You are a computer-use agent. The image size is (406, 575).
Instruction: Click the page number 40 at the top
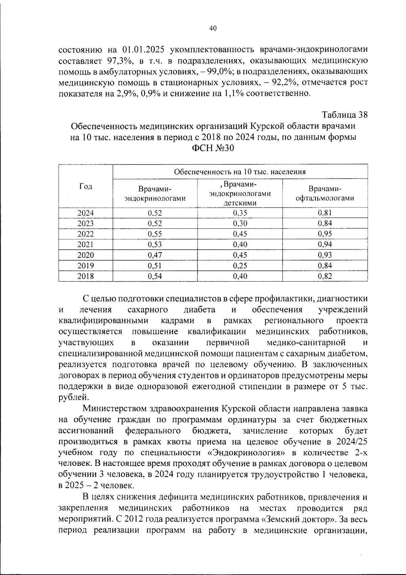[x=213, y=28]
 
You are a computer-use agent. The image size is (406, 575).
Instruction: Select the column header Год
[x=86, y=186]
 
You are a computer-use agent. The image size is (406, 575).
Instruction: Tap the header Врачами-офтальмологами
[x=325, y=193]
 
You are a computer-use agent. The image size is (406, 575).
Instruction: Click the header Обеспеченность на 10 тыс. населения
[x=240, y=171]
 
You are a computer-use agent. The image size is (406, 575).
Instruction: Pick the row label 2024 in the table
[x=86, y=213]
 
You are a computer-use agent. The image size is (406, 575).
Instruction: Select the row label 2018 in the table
[x=86, y=276]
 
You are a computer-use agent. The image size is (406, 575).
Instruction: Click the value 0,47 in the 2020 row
[x=155, y=255]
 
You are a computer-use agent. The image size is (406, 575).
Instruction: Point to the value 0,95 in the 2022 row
[x=325, y=234]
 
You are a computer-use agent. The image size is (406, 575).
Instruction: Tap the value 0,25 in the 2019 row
[x=240, y=266]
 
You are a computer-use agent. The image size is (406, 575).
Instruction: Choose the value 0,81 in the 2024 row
[x=325, y=213]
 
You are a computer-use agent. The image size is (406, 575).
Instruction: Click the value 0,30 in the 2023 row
[x=240, y=224]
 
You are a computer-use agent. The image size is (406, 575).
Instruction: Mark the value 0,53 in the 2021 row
[x=155, y=245]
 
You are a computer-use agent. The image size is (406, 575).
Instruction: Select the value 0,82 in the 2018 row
[x=325, y=276]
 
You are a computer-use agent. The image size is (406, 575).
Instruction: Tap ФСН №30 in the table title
[x=213, y=148]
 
